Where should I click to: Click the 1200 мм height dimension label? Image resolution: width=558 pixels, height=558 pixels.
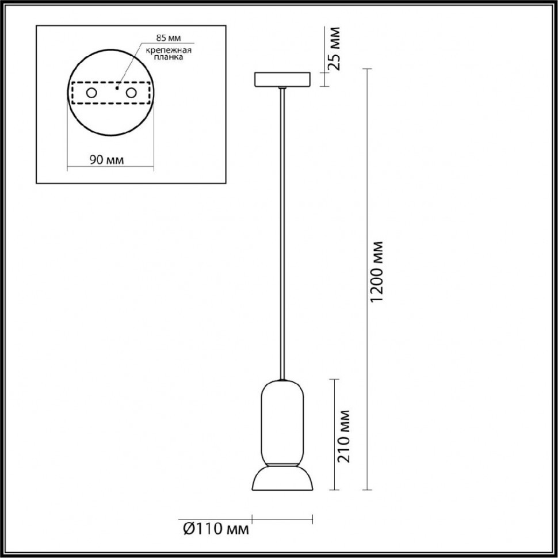tap(377, 272)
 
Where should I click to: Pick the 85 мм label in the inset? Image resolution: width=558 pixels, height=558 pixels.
tap(169, 38)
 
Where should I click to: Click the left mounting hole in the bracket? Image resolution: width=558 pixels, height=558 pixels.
tap(91, 93)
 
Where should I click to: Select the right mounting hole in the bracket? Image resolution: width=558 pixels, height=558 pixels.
tap(131, 93)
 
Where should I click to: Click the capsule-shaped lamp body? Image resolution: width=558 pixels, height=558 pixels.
tap(282, 423)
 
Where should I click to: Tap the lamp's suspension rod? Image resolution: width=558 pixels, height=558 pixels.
tap(282, 230)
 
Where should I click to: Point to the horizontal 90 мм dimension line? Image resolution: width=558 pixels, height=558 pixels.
tap(110, 169)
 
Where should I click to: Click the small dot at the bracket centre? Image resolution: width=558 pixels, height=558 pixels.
tap(116, 89)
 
